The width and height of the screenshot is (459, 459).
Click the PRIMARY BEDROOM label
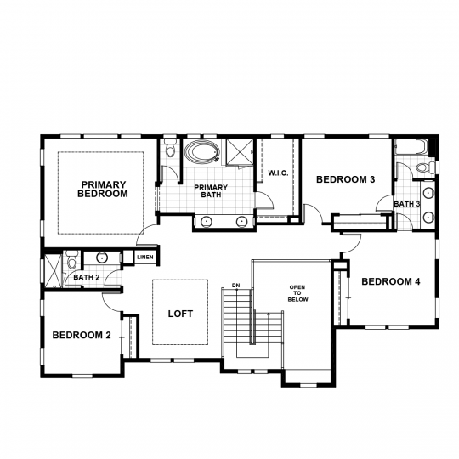103,189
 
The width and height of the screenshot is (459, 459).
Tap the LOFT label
180,314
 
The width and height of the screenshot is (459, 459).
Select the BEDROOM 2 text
82,335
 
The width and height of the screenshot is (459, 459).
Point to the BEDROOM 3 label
346,179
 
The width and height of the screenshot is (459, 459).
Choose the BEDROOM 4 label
391,281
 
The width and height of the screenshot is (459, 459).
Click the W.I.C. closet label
278,173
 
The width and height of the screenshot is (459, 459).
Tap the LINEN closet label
145,257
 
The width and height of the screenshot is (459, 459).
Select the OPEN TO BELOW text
297,293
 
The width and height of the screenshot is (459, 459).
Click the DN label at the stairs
235,285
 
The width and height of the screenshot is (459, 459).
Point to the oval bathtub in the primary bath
202,152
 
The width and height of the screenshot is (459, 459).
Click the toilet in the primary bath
170,148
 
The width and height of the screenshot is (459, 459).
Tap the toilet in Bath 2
71,259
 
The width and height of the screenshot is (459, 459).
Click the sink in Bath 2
102,258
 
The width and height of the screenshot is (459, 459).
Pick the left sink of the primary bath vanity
207,222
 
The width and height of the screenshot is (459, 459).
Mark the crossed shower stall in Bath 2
53,271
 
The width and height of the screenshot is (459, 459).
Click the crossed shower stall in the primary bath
240,152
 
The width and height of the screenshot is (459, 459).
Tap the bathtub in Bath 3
410,146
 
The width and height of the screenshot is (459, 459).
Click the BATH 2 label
87,277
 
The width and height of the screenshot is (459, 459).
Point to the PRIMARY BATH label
211,191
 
